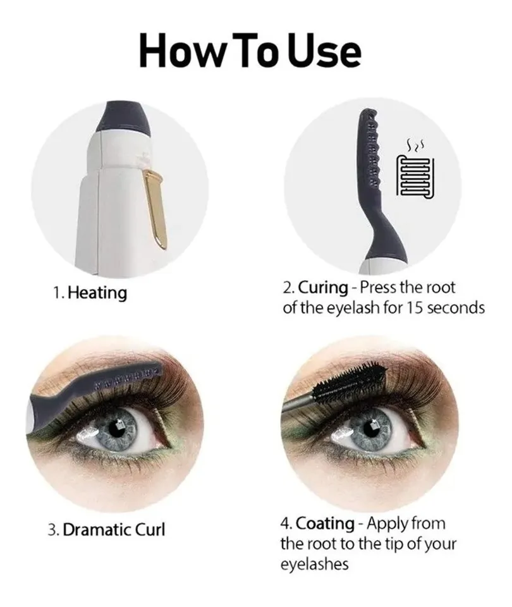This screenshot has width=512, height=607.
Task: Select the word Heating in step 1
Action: (x=97, y=293)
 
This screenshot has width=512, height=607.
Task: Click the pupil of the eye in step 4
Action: (x=369, y=428)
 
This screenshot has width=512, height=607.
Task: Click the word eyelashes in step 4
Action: (x=314, y=564)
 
